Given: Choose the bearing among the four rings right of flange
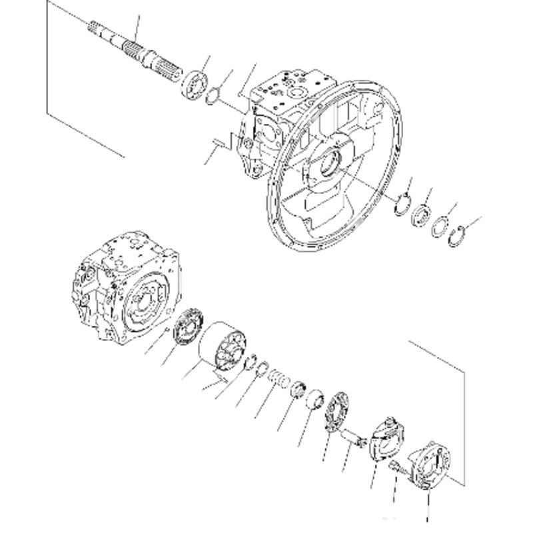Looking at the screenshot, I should point(420,215).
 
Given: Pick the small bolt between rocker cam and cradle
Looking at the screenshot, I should point(398,468).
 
